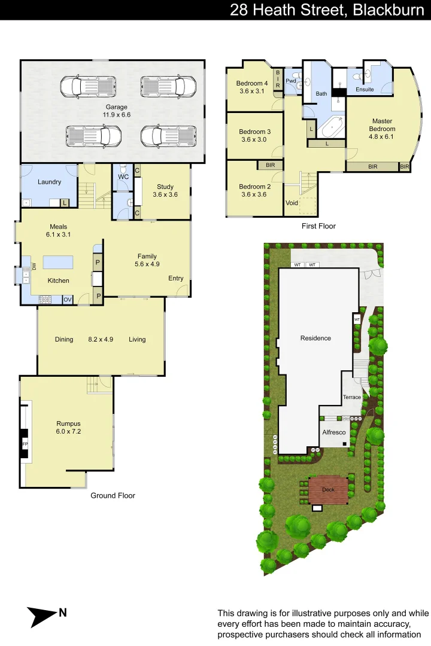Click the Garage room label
pyautogui.click(x=116, y=107)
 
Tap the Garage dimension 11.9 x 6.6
pyautogui.click(x=116, y=115)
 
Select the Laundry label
pyautogui.click(x=49, y=182)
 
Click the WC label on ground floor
pyautogui.click(x=123, y=177)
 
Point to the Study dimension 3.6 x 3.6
pyautogui.click(x=165, y=194)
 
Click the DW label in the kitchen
pyautogui.click(x=34, y=266)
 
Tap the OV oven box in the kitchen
pyautogui.click(x=68, y=299)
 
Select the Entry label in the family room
pyautogui.click(x=176, y=278)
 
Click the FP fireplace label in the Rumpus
pyautogui.click(x=25, y=445)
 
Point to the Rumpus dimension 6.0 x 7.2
pyautogui.click(x=68, y=431)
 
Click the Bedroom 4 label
pyautogui.click(x=252, y=83)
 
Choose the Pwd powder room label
pyautogui.click(x=292, y=81)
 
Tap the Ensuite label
pyautogui.click(x=365, y=89)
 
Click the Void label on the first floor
pyautogui.click(x=292, y=203)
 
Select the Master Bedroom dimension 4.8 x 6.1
pyautogui.click(x=381, y=136)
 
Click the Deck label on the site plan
pyautogui.click(x=328, y=489)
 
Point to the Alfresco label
pyautogui.click(x=334, y=432)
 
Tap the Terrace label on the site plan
pyautogui.click(x=352, y=397)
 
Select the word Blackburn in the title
pyautogui.click(x=388, y=10)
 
